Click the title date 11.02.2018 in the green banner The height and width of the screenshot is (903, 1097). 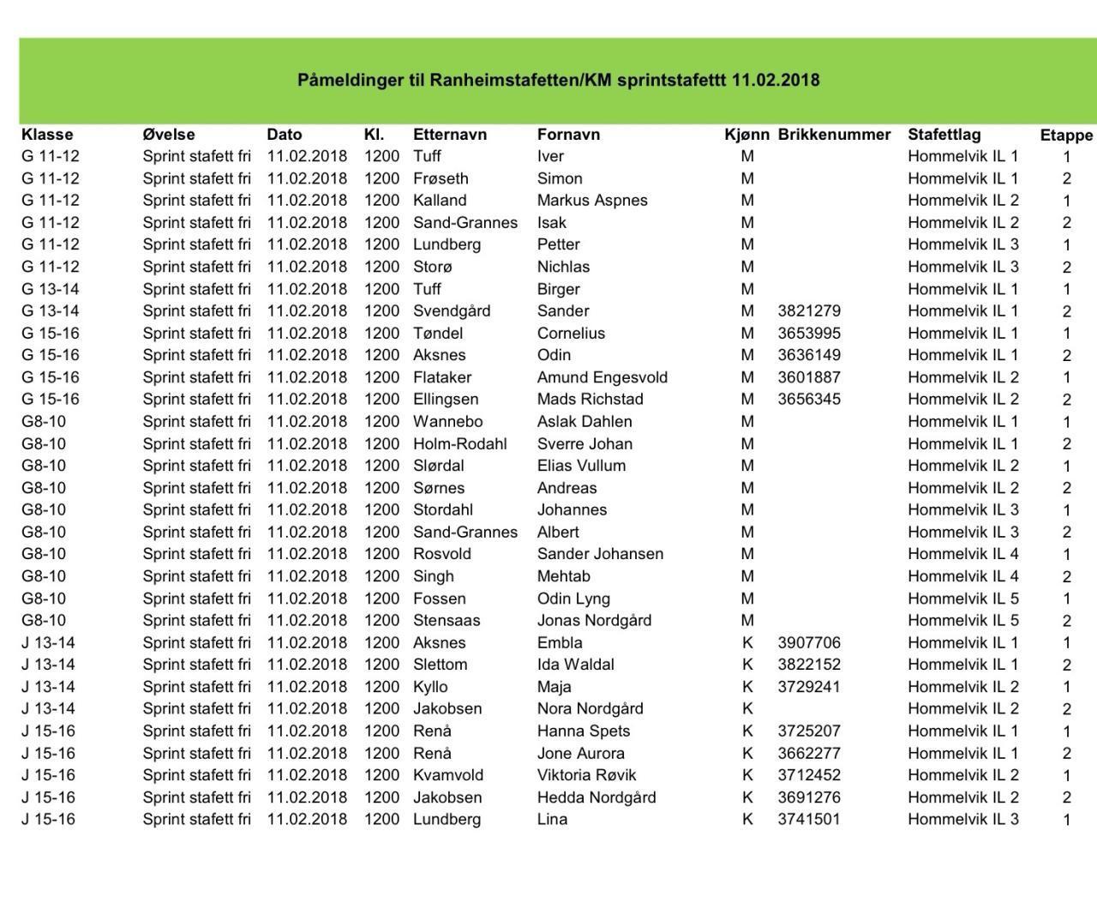[776, 81]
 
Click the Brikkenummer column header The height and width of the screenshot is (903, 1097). [834, 135]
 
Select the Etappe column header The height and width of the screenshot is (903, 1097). [1066, 135]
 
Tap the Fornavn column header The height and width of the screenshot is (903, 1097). [568, 135]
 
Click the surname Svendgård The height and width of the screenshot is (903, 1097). [452, 311]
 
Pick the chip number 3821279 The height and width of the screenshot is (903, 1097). [809, 311]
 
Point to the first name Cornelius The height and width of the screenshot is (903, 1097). [571, 334]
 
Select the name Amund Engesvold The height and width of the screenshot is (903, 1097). [602, 377]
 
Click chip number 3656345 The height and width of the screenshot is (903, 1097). [809, 400]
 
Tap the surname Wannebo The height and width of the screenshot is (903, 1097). [447, 422]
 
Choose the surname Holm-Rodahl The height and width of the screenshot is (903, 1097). [459, 444]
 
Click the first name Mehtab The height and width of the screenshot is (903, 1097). [563, 576]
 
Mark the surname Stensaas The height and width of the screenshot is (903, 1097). [447, 621]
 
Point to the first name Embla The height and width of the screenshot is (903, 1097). [560, 643]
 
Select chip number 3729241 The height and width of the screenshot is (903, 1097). [809, 687]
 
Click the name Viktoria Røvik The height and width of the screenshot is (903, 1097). [586, 775]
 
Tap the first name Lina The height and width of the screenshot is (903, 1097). [552, 820]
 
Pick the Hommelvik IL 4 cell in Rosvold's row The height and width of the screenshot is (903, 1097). [963, 554]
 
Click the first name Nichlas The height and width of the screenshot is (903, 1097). [563, 267]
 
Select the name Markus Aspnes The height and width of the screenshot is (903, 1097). [592, 201]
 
